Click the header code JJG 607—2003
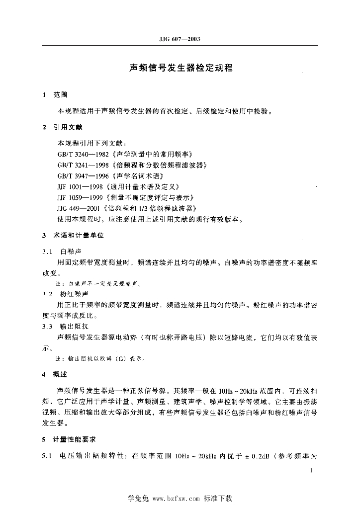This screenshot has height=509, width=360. pos(180,39)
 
